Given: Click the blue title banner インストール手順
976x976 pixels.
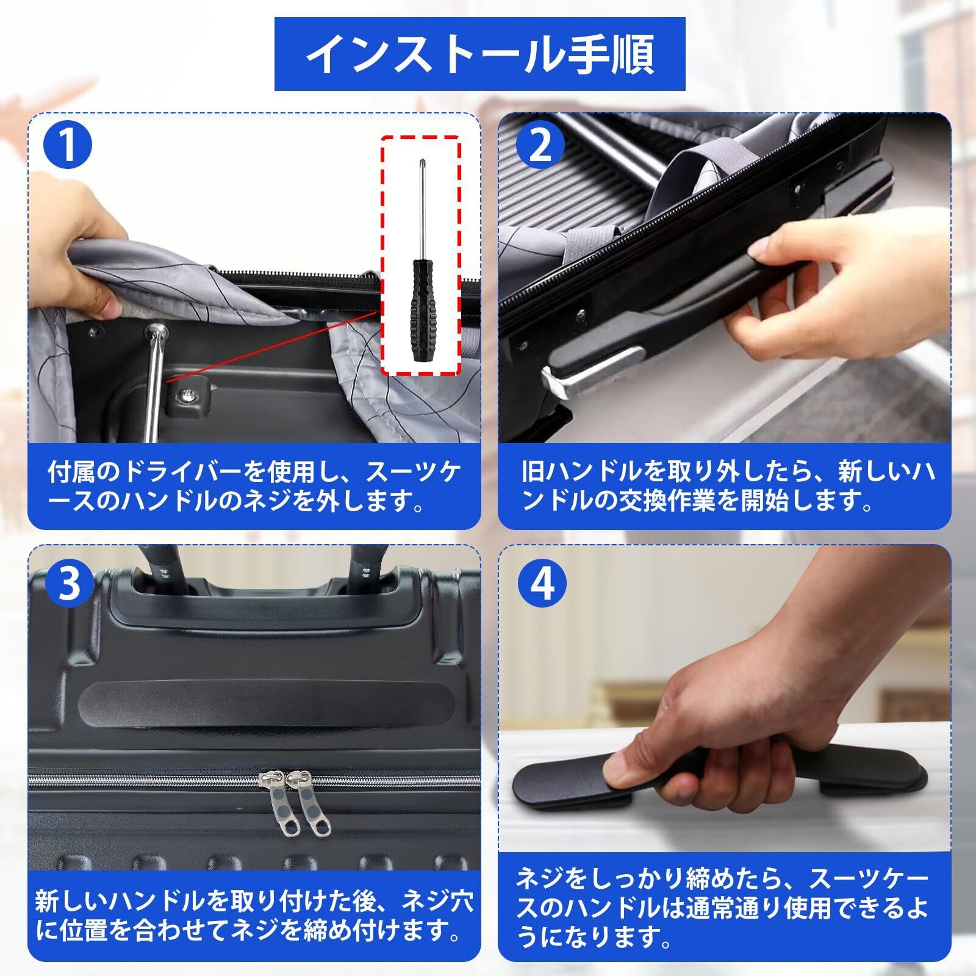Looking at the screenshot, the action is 479,54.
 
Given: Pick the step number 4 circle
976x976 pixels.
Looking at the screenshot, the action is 542,584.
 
